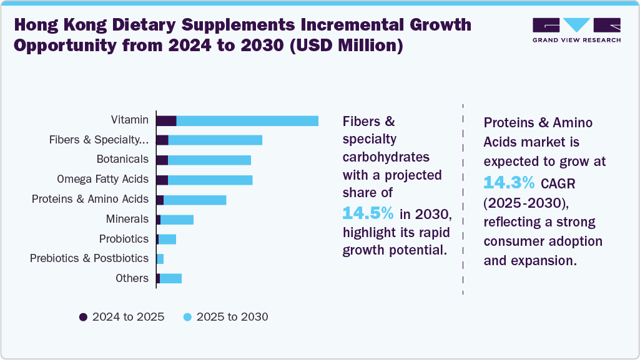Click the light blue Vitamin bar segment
tap(247, 120)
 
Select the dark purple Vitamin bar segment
tap(166, 120)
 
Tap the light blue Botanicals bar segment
tap(209, 160)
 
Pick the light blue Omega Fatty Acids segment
tap(210, 180)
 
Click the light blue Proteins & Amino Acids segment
tap(195, 200)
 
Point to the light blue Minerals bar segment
tap(177, 219)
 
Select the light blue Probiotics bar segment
tap(167, 239)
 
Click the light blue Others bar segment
tap(170, 278)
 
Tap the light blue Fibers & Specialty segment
tap(215, 140)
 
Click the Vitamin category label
tap(130, 120)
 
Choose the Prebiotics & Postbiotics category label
tap(89, 258)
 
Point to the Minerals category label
tap(127, 219)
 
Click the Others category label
tap(132, 278)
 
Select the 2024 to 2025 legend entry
tap(122, 317)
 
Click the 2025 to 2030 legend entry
tap(225, 317)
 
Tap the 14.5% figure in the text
tap(368, 213)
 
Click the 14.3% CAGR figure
tap(509, 182)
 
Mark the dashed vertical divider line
tap(463, 200)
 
